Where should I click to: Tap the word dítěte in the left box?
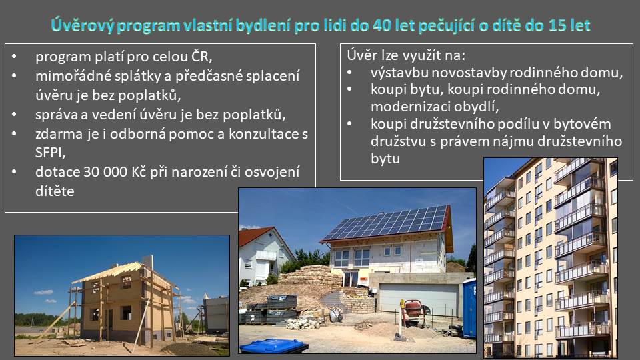click(55, 191)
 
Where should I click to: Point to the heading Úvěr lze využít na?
click(406, 55)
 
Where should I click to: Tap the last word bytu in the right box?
click(385, 159)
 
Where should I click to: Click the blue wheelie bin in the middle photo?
click(273, 346)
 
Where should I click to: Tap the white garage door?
click(419, 299)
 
